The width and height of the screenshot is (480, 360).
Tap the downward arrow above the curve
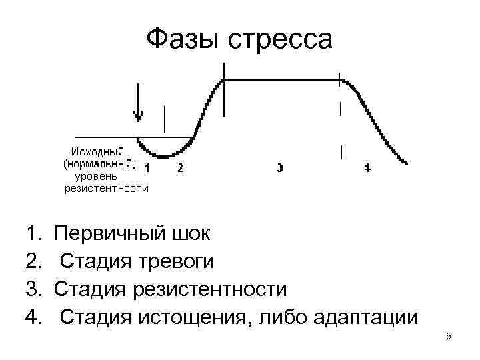click(138, 103)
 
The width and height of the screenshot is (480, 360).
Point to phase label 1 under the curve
click(147, 168)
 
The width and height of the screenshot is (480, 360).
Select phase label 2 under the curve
click(180, 168)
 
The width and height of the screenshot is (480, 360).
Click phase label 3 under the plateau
click(279, 168)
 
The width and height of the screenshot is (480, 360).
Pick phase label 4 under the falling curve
click(368, 168)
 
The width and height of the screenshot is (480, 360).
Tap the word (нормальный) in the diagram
click(100, 164)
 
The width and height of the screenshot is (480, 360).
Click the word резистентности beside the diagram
click(106, 188)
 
